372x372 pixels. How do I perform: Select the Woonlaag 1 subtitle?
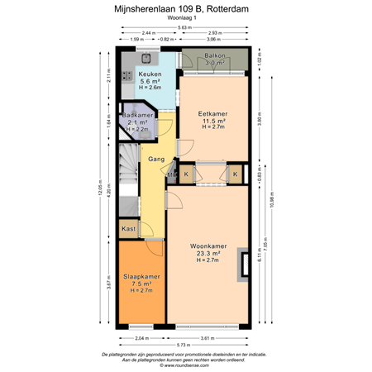pos(185,20)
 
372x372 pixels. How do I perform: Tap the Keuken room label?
pos(150,74)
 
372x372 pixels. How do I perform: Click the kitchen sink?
pos(148,59)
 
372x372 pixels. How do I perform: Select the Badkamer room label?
pos(139,115)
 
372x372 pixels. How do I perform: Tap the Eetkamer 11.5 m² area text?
pos(213,121)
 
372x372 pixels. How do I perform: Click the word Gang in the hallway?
pos(155,158)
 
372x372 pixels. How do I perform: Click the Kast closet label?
pos(128,228)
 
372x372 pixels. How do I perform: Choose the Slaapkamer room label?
pos(141,276)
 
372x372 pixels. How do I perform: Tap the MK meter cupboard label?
pos(171,174)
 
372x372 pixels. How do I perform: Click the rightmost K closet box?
pos(235,174)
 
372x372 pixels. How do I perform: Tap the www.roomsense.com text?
pos(185,364)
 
